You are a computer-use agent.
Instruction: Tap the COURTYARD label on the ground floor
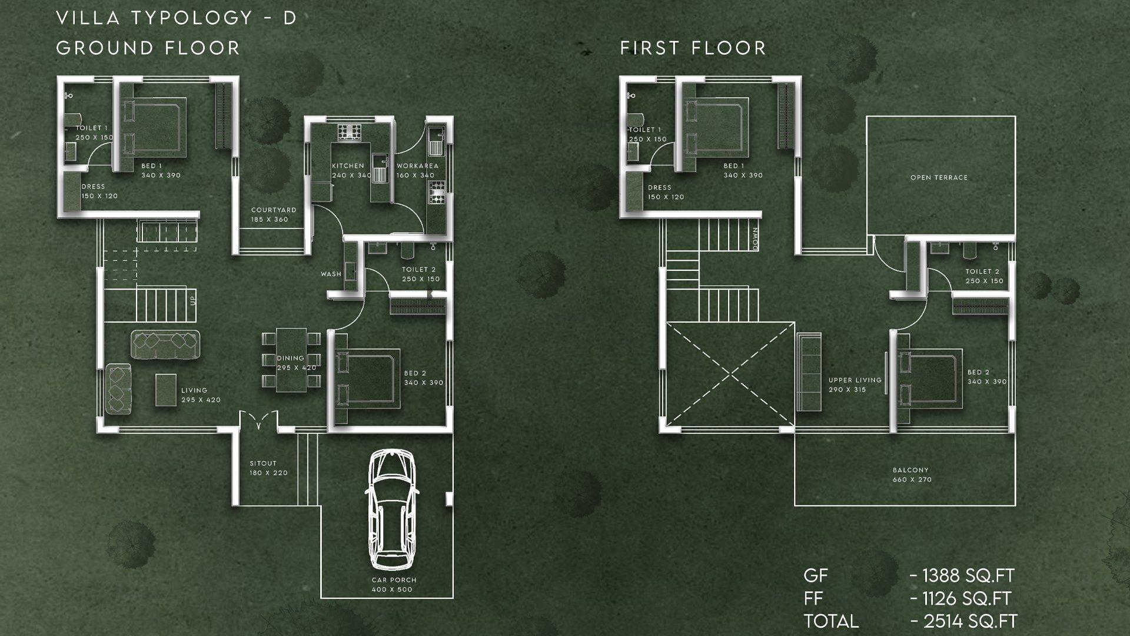(x=273, y=210)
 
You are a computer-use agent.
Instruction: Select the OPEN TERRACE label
(x=939, y=177)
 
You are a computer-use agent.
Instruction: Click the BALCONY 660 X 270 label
(x=911, y=475)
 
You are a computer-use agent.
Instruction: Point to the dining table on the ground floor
(x=291, y=360)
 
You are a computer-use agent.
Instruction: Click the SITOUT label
(x=263, y=463)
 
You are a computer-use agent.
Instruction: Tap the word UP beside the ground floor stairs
(x=192, y=300)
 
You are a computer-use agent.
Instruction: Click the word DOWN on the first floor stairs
(x=755, y=239)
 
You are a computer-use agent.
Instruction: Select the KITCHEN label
(x=348, y=166)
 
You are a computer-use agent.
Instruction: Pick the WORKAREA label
(x=417, y=166)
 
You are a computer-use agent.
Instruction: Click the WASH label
(x=331, y=274)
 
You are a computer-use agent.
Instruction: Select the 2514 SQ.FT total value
(x=964, y=621)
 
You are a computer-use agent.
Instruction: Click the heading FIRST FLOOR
(x=693, y=48)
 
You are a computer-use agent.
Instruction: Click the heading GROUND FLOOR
(x=148, y=48)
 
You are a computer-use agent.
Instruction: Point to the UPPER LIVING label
(x=855, y=380)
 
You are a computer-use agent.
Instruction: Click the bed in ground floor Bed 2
(x=367, y=379)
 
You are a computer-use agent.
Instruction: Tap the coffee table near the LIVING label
(x=165, y=390)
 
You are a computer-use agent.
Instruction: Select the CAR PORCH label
(x=394, y=580)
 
